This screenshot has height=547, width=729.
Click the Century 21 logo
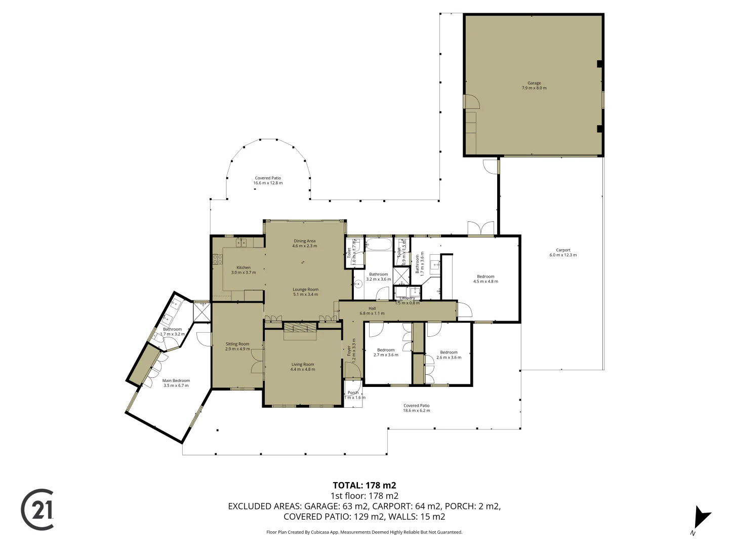pyautogui.click(x=37, y=510)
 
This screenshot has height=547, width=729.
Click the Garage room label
pyautogui.click(x=534, y=86)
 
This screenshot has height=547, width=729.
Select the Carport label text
pyautogui.click(x=563, y=252)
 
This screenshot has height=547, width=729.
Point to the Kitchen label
pyautogui.click(x=244, y=270)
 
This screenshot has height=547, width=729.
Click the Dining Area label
pyautogui.click(x=304, y=244)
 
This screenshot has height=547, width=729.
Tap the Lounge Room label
pyautogui.click(x=305, y=292)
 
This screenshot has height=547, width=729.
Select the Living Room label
pyautogui.click(x=303, y=367)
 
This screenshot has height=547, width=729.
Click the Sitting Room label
pyautogui.click(x=237, y=346)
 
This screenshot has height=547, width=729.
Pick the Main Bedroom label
pyautogui.click(x=176, y=383)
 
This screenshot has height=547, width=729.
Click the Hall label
pyautogui.click(x=372, y=310)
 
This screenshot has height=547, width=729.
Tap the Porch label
pyautogui.click(x=353, y=395)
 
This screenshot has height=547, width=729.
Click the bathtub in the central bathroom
pyautogui.click(x=379, y=245)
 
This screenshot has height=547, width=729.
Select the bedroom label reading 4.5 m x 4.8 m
pyautogui.click(x=485, y=279)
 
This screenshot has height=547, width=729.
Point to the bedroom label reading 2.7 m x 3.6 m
pyautogui.click(x=386, y=353)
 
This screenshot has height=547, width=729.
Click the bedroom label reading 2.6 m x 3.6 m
pyautogui.click(x=449, y=355)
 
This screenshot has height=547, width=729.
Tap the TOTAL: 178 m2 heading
pyautogui.click(x=364, y=485)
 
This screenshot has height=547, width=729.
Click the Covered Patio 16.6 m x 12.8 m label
pyautogui.click(x=268, y=180)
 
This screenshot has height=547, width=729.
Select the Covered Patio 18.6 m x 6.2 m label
pyautogui.click(x=416, y=408)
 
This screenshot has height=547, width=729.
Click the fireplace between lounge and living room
pyautogui.click(x=300, y=328)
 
